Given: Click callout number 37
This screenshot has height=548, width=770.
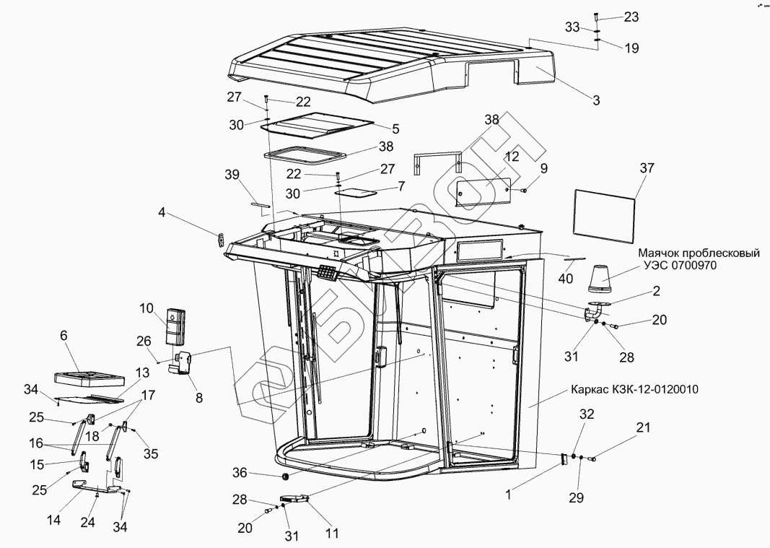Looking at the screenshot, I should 647,168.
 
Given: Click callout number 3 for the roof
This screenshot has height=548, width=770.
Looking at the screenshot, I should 596,100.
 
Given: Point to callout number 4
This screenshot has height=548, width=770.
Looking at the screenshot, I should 162,212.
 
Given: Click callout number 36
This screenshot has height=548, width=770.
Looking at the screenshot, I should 240,473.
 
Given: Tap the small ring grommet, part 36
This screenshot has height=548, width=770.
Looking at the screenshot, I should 284,477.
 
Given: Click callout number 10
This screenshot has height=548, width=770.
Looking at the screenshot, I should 148,309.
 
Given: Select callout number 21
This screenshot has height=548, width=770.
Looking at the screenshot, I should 642,428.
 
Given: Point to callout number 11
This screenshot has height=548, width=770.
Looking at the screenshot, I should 332,534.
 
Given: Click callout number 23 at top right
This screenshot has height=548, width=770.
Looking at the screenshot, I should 631,17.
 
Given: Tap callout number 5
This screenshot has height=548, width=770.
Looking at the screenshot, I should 395,130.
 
